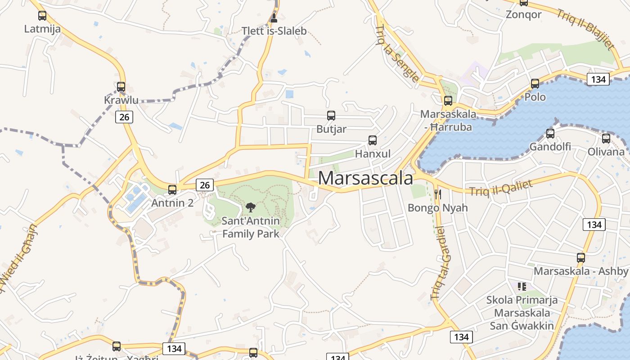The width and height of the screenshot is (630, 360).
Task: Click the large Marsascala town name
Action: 365,178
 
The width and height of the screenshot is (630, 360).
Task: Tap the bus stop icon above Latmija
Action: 42,16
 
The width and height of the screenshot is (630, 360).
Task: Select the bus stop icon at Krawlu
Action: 121,87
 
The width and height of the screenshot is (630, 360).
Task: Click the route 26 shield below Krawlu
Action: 124,117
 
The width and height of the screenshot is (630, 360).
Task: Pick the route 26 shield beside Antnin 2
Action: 205,185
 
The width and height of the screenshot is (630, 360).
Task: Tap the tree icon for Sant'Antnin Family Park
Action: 251,207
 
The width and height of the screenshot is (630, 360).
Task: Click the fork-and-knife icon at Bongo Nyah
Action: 437,194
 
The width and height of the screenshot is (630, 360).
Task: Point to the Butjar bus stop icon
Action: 331,116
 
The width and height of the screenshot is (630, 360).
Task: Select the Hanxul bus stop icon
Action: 373,140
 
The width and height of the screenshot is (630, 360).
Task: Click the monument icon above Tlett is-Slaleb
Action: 274,18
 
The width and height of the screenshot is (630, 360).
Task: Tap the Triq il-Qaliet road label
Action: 501,188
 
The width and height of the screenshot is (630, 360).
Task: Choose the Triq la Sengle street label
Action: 397,54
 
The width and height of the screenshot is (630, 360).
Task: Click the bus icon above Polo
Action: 535,84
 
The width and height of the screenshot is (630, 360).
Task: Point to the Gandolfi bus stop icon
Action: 550,134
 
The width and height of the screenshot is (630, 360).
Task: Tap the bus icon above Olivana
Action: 606,139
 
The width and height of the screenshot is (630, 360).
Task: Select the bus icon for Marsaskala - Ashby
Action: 581,258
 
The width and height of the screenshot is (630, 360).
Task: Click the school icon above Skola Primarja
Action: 522,286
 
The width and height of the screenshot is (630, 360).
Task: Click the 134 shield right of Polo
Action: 598,80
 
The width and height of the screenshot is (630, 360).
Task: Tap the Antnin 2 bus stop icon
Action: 172,190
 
